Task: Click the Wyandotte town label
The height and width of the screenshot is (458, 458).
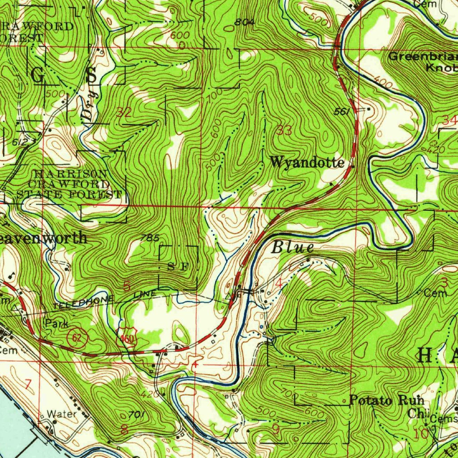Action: [307, 162]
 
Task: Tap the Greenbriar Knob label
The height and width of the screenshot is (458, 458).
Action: [422, 62]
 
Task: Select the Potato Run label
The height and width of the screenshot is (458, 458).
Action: [386, 400]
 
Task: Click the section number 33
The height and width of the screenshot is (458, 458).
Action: [284, 131]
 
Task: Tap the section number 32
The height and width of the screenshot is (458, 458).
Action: [123, 113]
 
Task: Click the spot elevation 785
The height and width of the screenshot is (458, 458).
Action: [149, 238]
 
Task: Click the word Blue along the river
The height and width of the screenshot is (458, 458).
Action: [293, 247]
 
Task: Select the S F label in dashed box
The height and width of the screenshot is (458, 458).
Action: [178, 267]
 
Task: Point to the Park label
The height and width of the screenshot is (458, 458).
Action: [56, 323]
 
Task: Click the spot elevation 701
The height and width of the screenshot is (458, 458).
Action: [136, 415]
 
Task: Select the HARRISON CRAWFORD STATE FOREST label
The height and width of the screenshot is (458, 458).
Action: [69, 184]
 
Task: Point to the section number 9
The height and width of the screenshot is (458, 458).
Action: [276, 429]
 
